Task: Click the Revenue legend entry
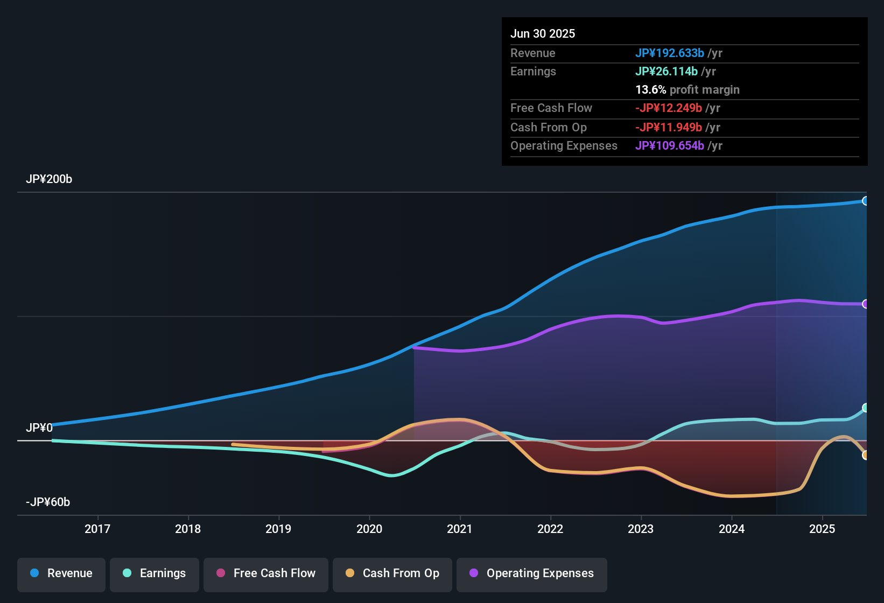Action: coord(61,573)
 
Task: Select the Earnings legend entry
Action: coord(155,573)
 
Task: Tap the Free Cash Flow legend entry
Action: coord(266,573)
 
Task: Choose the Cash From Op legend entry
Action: coord(392,573)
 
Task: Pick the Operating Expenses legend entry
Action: coord(532,573)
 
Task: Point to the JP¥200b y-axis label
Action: coord(49,179)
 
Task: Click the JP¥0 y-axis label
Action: coord(39,428)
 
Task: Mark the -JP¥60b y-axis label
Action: coord(48,502)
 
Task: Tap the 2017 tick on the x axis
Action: coord(97,529)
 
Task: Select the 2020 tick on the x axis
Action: coord(369,529)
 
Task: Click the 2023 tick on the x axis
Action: coord(641,529)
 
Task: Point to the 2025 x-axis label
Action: coord(822,529)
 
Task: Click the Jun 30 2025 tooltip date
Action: coord(543,34)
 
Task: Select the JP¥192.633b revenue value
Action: coord(670,53)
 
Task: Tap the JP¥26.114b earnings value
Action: coord(666,72)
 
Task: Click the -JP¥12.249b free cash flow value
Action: coord(669,108)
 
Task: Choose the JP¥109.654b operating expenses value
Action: coord(670,146)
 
